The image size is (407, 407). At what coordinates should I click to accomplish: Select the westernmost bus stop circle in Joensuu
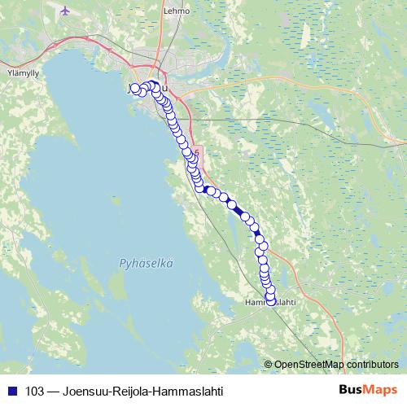pos(134,89)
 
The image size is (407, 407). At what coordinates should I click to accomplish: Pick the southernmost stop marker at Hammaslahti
pos(271,300)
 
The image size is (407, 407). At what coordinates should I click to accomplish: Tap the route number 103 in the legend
pos(34,391)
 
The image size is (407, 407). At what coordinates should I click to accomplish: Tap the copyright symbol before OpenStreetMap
pos(269,364)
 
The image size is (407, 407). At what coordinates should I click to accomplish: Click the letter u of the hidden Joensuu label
pos(165,89)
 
